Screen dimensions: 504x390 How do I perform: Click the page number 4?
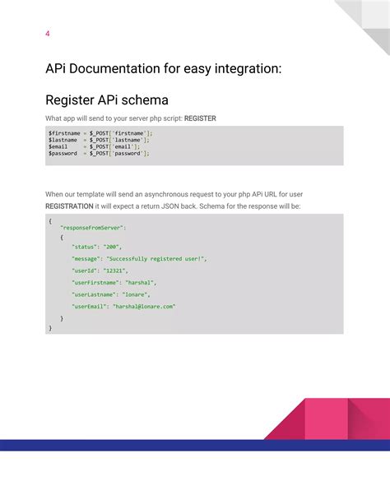[x=47, y=34]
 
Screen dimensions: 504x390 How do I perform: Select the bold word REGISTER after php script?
[x=200, y=118]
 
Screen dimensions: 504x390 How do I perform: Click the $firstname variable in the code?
[x=64, y=132]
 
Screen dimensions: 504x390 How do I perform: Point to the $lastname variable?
[x=63, y=140]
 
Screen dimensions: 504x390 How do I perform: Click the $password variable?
[x=63, y=153]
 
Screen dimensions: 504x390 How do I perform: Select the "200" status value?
[x=113, y=247]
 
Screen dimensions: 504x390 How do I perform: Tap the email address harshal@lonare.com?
[x=150, y=306]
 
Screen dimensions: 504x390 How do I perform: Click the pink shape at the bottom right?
[x=329, y=419]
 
